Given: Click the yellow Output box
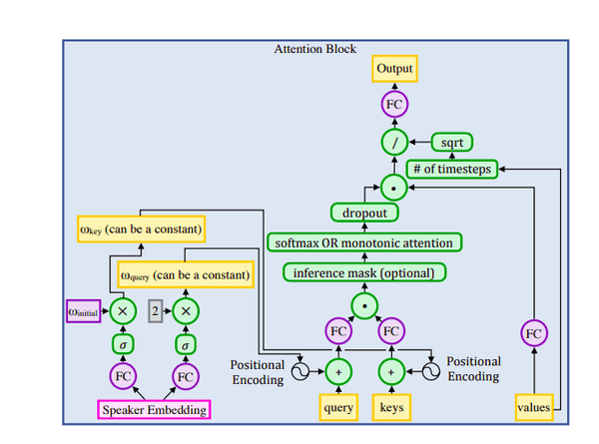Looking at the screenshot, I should point(394,68).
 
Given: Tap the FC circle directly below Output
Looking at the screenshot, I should point(394,105).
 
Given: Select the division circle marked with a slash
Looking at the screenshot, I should point(394,144).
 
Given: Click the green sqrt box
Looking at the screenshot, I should point(450,144).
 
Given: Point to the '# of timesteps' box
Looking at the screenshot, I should point(451,170).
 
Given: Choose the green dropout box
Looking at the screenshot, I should point(364,213).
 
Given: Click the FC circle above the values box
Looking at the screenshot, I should point(534,332).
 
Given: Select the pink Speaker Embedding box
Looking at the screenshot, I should point(153,408).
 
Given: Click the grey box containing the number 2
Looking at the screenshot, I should point(155,310).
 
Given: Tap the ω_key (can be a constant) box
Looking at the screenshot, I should point(141,230).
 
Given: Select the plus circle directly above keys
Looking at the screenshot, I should point(390,371).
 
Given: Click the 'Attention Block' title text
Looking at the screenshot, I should point(314,49).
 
